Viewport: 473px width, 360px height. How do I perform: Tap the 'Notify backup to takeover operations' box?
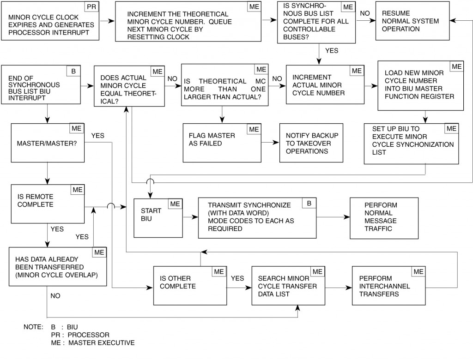311,143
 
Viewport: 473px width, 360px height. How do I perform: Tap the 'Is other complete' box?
189,286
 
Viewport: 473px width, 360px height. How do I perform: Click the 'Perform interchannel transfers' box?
388,286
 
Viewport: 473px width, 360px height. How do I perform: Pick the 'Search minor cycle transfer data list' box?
288,286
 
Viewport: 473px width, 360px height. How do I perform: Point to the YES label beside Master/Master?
98,136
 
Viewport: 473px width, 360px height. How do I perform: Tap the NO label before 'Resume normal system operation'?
365,13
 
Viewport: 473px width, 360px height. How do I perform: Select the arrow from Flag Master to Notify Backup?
270,143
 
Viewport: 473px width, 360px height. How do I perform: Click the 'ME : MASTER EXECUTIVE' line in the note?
92,343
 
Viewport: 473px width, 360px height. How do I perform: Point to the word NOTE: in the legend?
33,327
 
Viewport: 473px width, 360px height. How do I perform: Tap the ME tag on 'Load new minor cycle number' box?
456,67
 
